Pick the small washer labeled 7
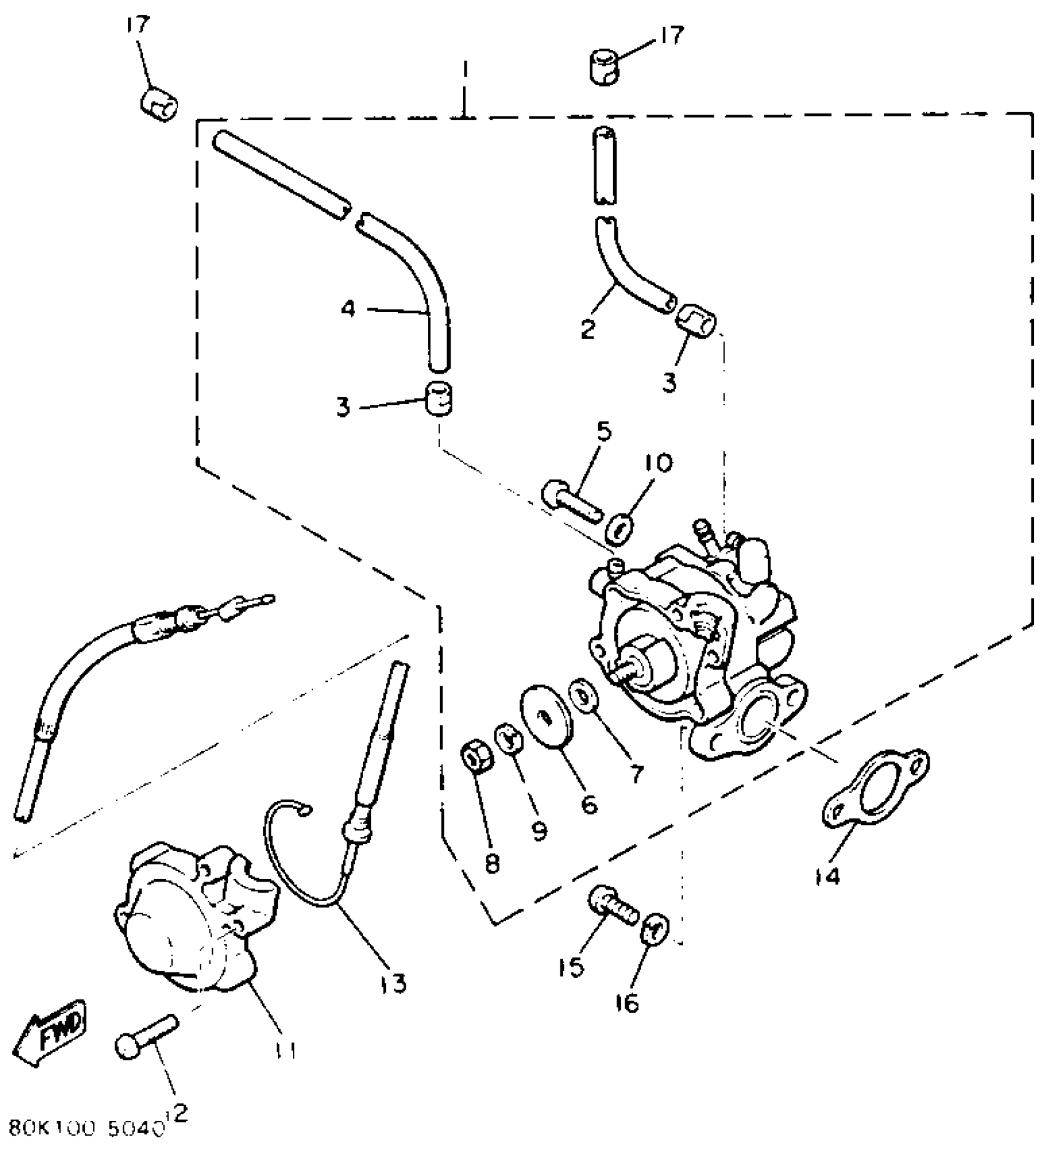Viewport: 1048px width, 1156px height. tap(581, 694)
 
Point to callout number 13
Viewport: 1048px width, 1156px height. tap(393, 983)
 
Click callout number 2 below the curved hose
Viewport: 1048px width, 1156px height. tap(587, 329)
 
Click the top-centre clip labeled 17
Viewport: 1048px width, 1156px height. tap(602, 67)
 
